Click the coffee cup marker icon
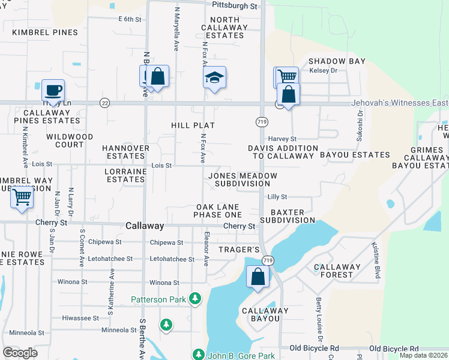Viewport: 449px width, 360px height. tap(53, 90)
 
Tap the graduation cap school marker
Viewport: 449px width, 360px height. tap(214, 78)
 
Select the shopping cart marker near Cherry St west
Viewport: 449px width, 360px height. tap(22, 197)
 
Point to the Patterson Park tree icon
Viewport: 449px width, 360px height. tap(194, 298)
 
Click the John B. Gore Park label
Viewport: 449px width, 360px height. tap(241, 355)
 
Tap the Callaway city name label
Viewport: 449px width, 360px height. tap(145, 226)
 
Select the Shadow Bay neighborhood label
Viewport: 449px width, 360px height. tap(337, 61)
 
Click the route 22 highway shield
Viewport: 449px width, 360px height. tap(105, 103)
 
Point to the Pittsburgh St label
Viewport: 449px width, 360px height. tap(235, 5)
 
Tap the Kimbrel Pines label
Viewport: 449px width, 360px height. tap(49, 32)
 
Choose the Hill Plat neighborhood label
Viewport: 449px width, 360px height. tap(193, 125)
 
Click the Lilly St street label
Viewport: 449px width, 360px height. tap(277, 197)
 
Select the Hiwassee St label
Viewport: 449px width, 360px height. tap(80, 318)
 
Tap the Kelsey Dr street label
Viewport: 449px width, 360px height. tap(324, 71)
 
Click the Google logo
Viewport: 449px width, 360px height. tap(20, 353)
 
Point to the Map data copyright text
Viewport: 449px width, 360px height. tap(423, 355)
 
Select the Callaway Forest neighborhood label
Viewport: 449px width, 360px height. tap(337, 271)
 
